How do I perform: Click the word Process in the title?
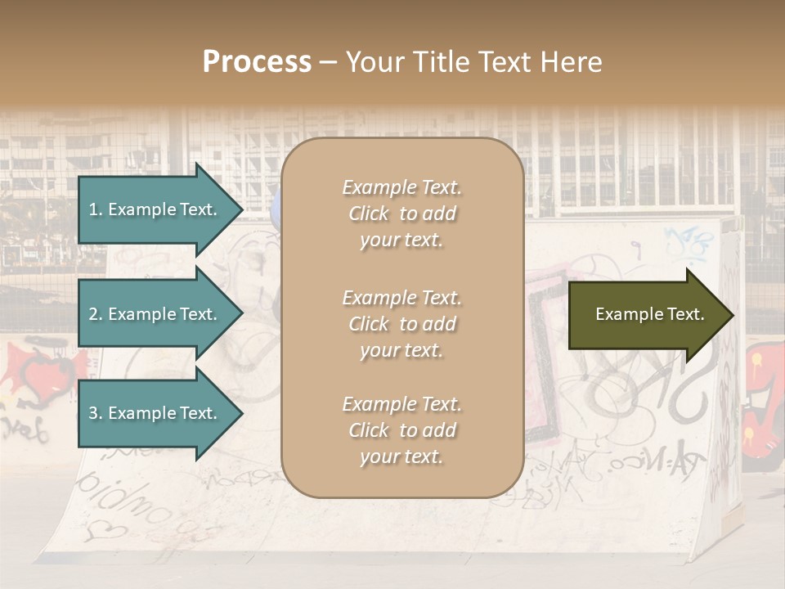point(257,62)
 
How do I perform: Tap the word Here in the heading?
point(570,62)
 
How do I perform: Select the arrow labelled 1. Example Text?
point(155,209)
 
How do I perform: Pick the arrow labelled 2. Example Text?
point(155,314)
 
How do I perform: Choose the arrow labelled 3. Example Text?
point(155,413)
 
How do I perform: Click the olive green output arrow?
point(646,315)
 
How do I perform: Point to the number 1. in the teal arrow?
point(95,209)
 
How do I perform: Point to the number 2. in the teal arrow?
point(96,314)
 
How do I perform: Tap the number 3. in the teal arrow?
point(96,413)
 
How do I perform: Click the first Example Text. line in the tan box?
point(401,187)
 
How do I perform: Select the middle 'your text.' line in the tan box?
point(401,350)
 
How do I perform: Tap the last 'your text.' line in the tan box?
point(401,457)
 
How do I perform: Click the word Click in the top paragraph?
point(368,214)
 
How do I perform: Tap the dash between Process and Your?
point(329,62)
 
